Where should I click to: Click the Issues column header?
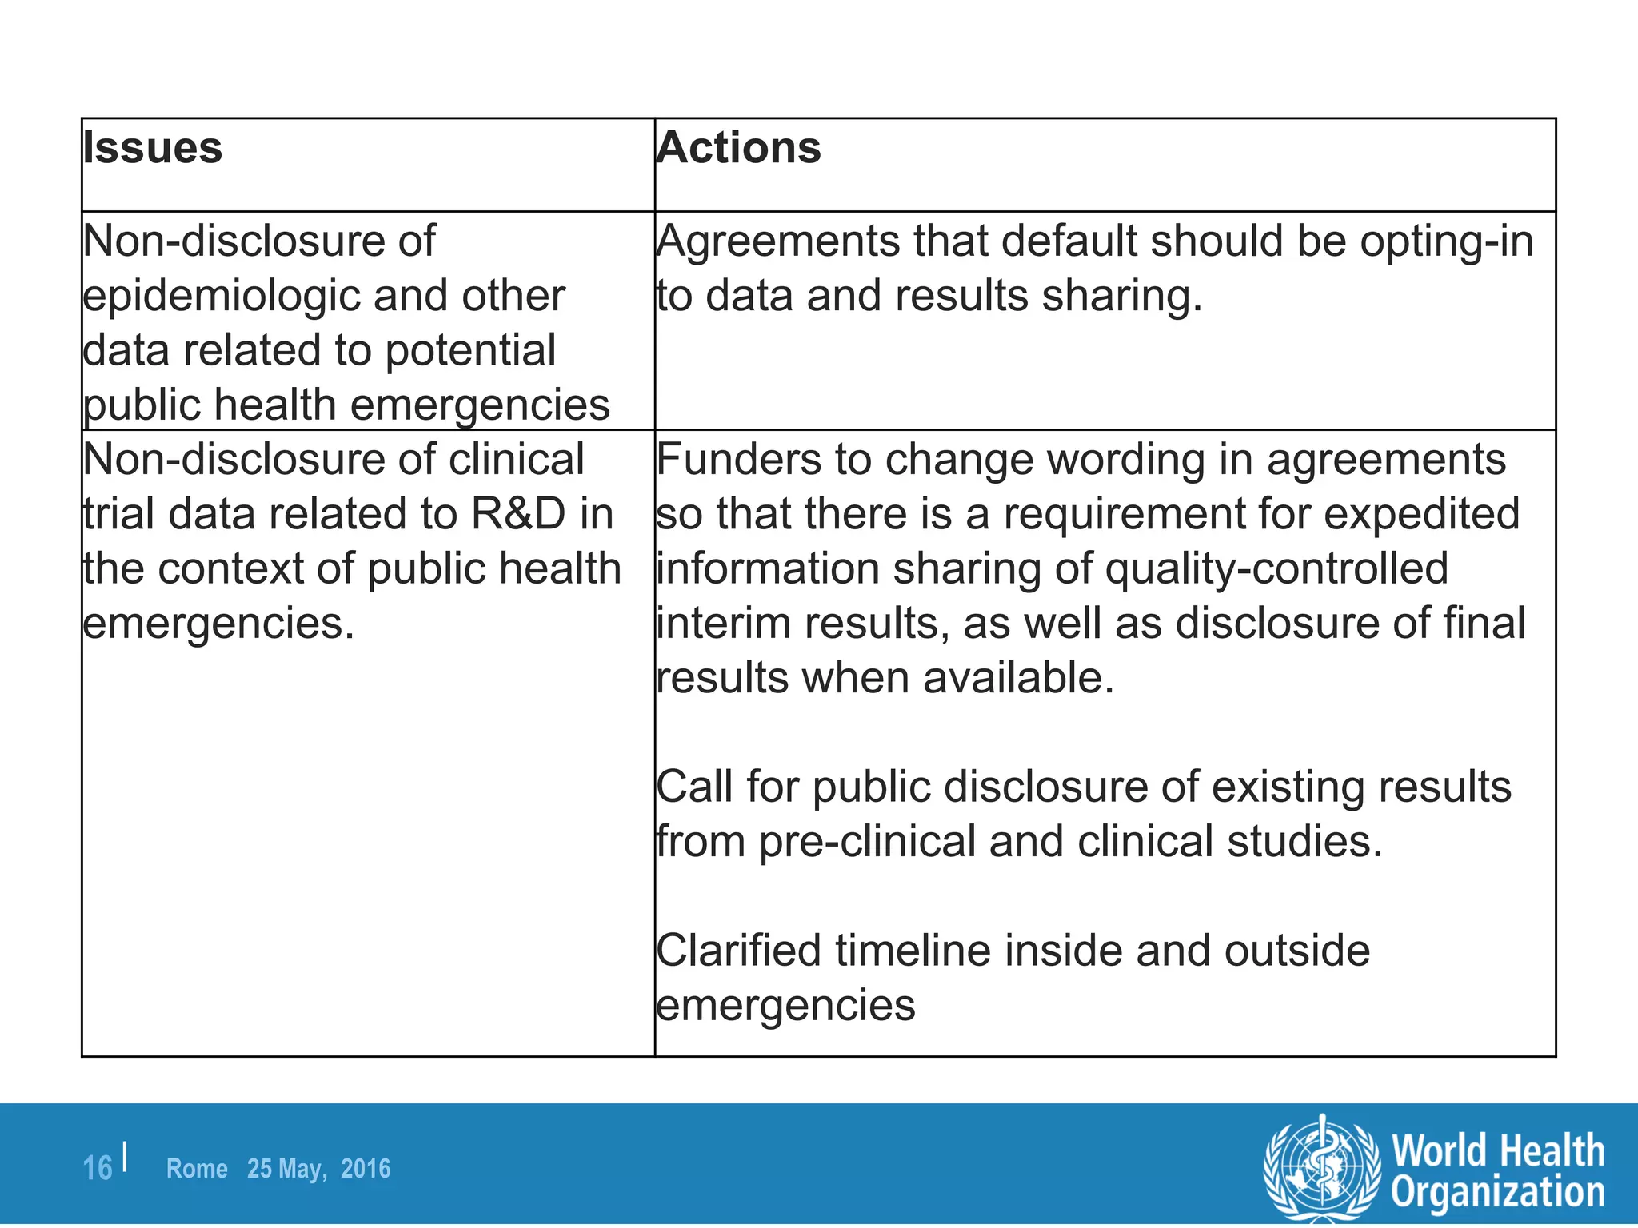[152, 149]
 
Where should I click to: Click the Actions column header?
[738, 149]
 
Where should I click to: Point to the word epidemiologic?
[222, 297]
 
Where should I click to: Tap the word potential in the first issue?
[470, 351]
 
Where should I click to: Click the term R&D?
[518, 514]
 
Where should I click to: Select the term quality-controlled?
[1276, 569]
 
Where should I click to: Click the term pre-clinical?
[867, 843]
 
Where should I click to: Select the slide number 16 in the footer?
[98, 1169]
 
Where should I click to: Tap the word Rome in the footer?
[197, 1169]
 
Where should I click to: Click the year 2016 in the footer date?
[366, 1169]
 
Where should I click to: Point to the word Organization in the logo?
[1497, 1192]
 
